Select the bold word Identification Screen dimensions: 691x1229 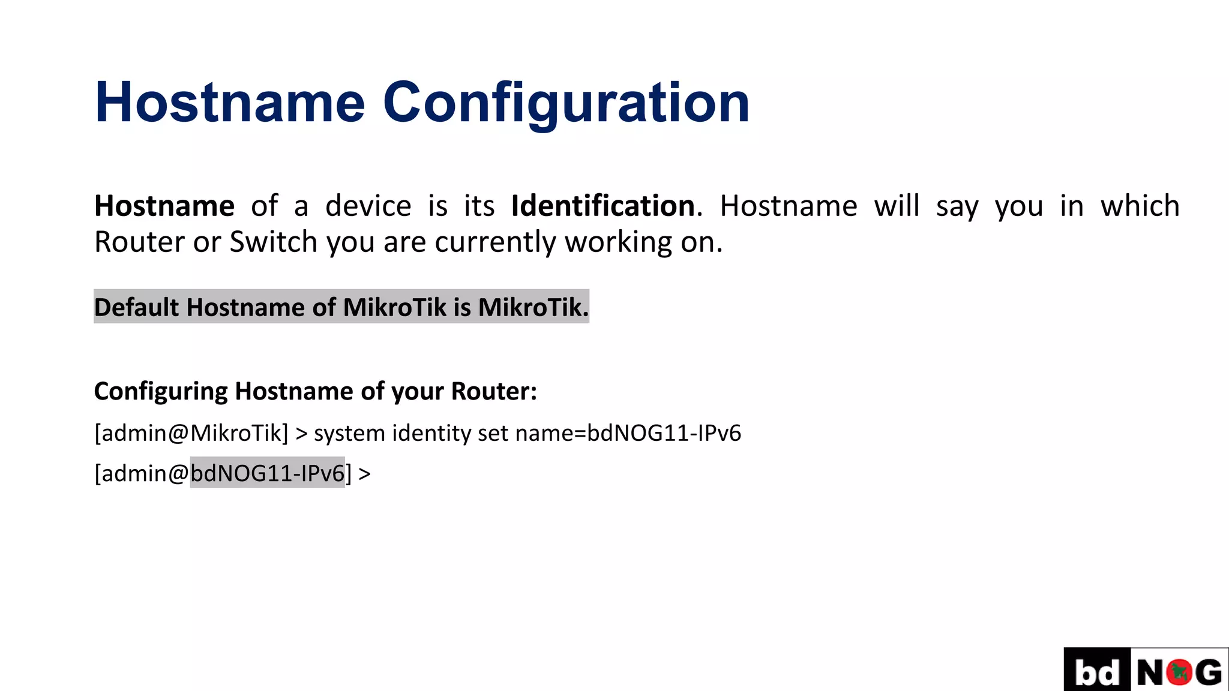(602, 206)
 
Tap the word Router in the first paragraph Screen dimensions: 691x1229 (139, 242)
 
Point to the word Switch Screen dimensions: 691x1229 (274, 242)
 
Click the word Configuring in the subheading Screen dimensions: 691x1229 (161, 391)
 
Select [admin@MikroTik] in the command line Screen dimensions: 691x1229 (191, 433)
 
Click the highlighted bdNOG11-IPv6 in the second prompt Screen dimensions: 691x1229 (268, 473)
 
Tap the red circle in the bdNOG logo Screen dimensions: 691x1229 (1179, 672)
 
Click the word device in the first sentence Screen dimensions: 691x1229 (368, 206)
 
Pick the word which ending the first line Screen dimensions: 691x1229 (1140, 206)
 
